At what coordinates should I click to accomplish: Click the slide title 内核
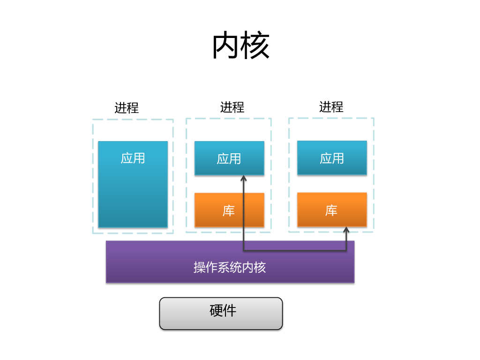[x=241, y=46]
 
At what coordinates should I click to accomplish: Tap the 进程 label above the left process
[x=127, y=108]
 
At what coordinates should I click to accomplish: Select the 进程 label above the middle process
[x=232, y=107]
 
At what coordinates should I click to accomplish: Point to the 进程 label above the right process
[x=331, y=107]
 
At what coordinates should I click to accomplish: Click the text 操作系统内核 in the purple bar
[x=230, y=267]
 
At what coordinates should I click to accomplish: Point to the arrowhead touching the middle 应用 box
[x=244, y=178]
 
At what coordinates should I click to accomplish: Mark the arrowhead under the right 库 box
[x=346, y=230]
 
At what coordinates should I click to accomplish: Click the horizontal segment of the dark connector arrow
[x=295, y=251]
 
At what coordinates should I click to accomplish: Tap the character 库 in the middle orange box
[x=229, y=210]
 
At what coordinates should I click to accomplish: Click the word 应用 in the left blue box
[x=133, y=158]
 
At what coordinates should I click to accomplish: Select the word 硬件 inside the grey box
[x=223, y=310]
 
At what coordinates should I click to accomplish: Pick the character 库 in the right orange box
[x=331, y=210]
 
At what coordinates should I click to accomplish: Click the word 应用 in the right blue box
[x=332, y=158]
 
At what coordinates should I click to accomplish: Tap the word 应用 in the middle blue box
[x=229, y=158]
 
